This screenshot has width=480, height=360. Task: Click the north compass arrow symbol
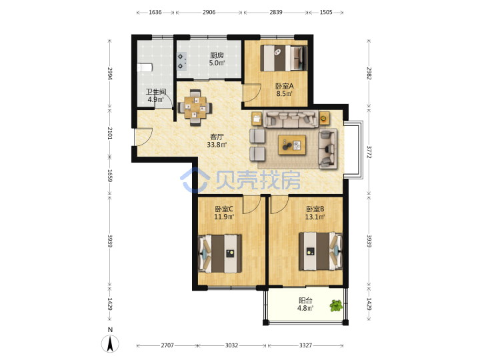pos(110,343)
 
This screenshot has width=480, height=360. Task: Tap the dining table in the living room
pos(195,107)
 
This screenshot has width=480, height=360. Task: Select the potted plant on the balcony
pos(336,305)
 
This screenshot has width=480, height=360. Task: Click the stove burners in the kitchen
pos(181,61)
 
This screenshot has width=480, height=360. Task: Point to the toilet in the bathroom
pos(145,67)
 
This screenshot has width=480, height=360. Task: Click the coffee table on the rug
pos(292,145)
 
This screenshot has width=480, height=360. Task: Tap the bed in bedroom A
pos(283,58)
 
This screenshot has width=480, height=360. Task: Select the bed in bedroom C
pos(220,253)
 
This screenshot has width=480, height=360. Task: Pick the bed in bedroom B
pos(321,251)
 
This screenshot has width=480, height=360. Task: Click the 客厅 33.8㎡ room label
pos(217,141)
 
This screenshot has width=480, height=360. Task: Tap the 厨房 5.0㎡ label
pos(217,59)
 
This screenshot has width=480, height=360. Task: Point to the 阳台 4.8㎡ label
pos(305,304)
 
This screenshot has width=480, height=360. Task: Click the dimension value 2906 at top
pos(209,12)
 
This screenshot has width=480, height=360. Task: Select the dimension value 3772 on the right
pos(369,152)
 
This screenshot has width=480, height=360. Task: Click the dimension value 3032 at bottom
pos(231,345)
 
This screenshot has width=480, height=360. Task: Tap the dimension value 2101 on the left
pos(110,133)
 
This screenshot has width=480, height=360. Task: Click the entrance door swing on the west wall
pos(144,137)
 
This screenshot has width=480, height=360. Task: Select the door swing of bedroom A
pos(251,93)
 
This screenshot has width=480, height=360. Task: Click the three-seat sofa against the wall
pos(291,119)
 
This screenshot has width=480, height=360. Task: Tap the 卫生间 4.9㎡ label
pos(156,95)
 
